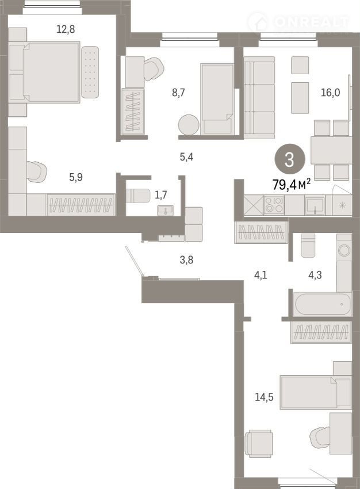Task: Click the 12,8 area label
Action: (66, 29)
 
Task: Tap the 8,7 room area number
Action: (178, 93)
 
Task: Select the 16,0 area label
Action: (331, 93)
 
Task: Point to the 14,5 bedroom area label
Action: (264, 397)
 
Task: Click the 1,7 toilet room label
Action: (161, 195)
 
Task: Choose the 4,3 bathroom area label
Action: (315, 275)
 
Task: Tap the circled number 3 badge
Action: (290, 159)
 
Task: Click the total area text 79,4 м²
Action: (292, 184)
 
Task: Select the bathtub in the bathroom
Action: (323, 304)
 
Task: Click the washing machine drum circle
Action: (344, 250)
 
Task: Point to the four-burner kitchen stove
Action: (274, 205)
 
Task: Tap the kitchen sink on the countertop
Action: (315, 205)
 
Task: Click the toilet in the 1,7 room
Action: (138, 196)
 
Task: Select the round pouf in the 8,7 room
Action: (189, 125)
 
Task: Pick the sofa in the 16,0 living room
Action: (259, 98)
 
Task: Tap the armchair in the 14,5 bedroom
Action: (258, 444)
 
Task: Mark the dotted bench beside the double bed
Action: (90, 72)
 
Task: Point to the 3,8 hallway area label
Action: (186, 260)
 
